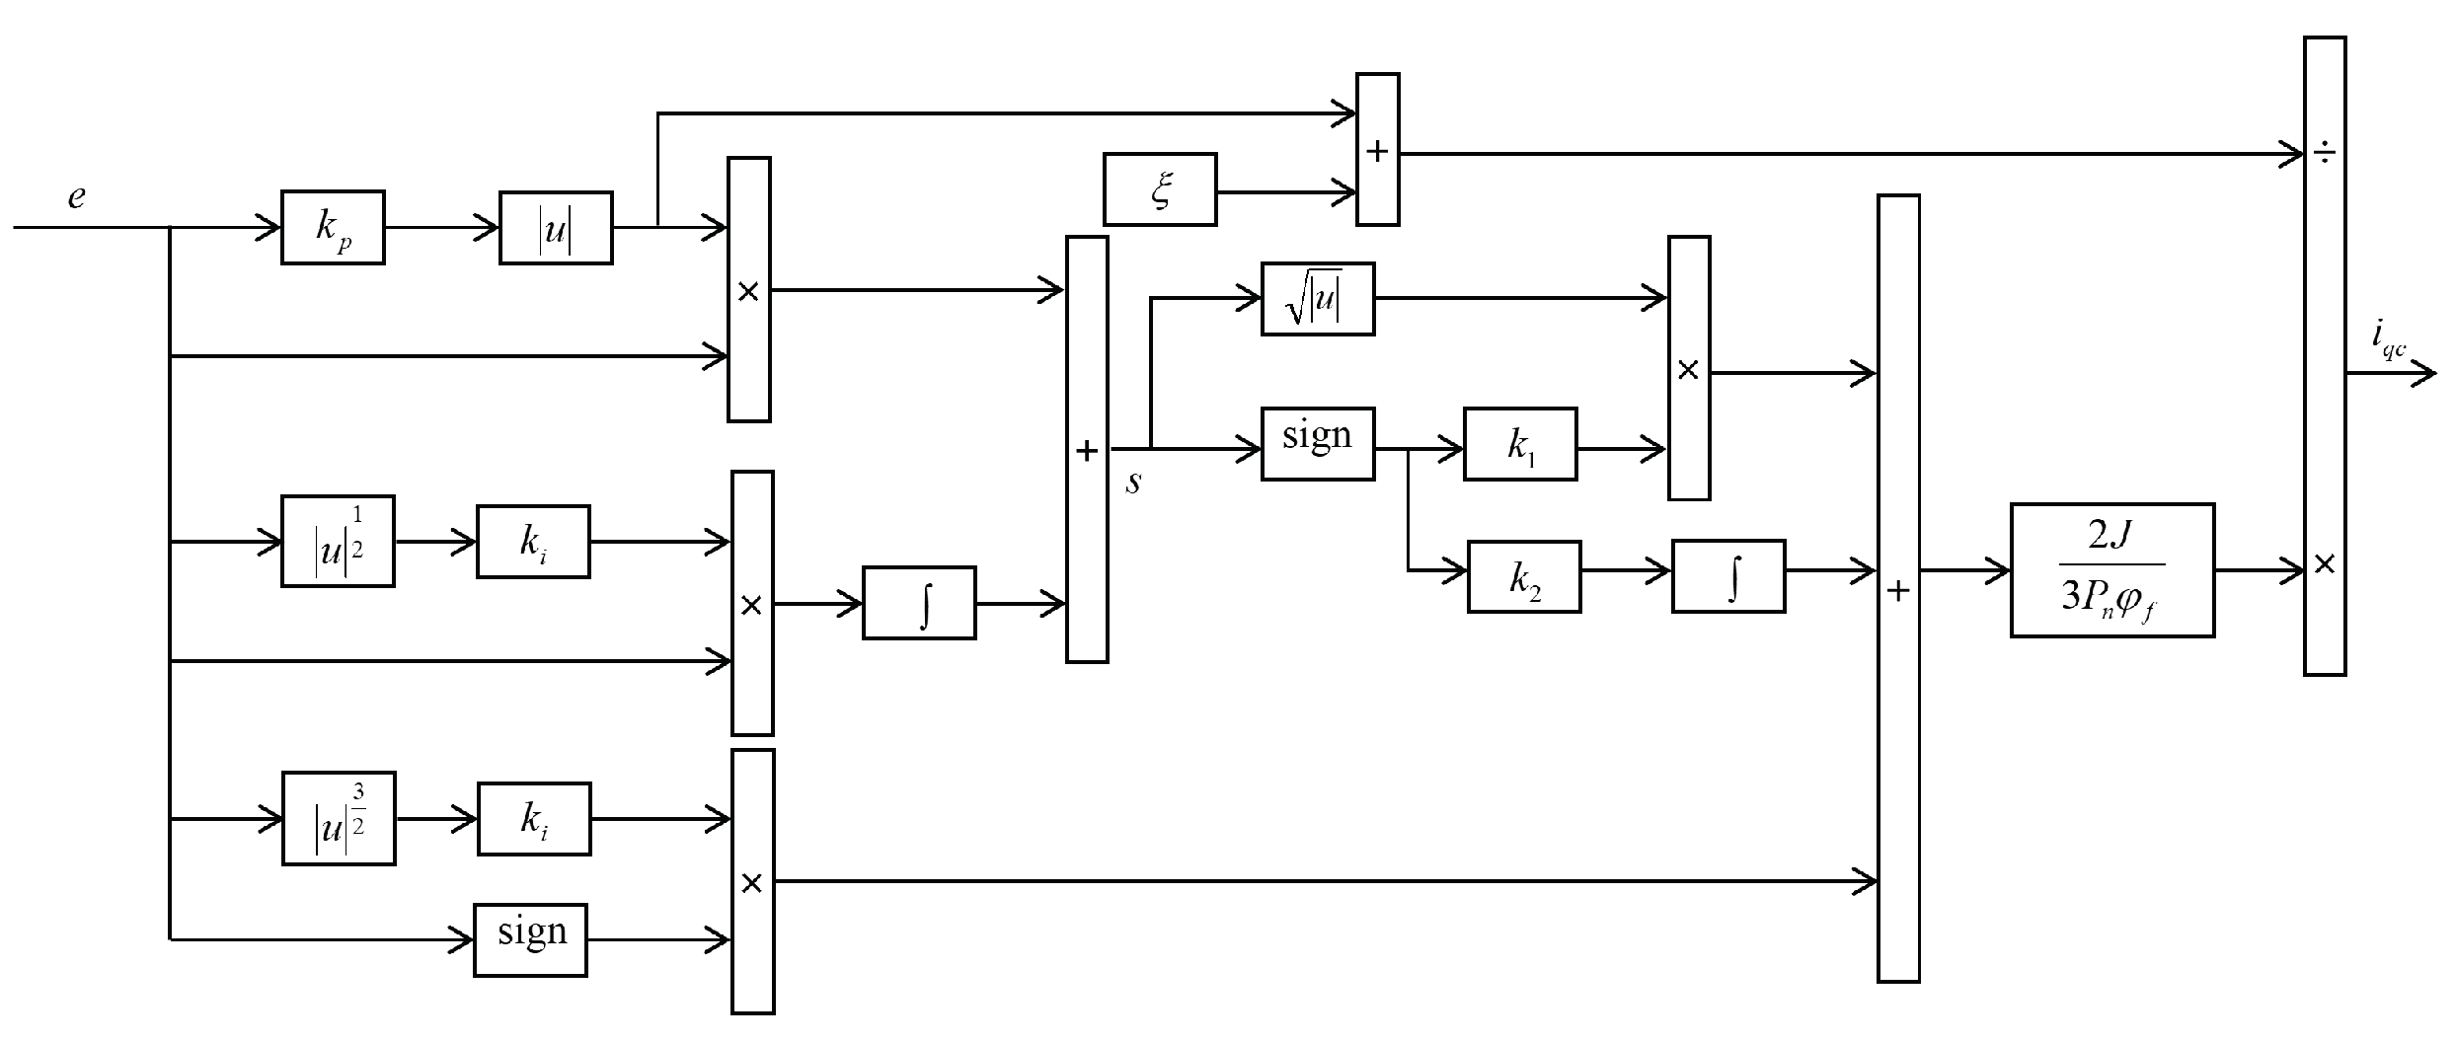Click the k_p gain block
tap(333, 228)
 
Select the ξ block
tap(1160, 189)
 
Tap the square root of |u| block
tap(1318, 299)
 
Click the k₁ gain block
tap(1520, 445)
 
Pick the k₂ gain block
tap(1524, 577)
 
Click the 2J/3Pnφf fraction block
tap(2112, 570)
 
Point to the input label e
tap(76, 197)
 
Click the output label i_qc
tap(2389, 340)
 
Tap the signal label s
tap(1134, 483)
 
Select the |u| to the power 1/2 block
tap(338, 542)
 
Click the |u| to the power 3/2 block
tap(339, 819)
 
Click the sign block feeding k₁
tap(1318, 444)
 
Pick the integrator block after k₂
tap(1728, 576)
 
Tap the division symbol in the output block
tap(2325, 154)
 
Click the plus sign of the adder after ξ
tap(1377, 151)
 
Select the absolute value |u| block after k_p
tap(556, 228)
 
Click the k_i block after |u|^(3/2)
tap(534, 819)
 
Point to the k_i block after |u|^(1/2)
tap(533, 542)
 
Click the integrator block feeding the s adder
tap(919, 603)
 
